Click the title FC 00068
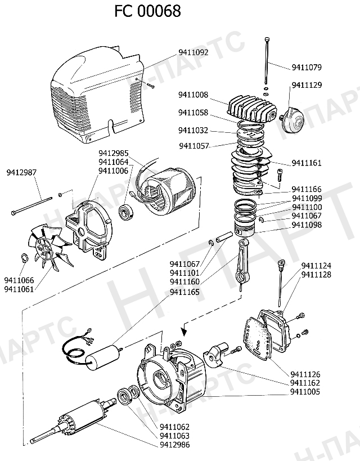pyautogui.click(x=148, y=11)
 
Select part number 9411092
pyautogui.click(x=193, y=53)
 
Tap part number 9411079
pyautogui.click(x=307, y=68)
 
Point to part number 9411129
pyautogui.click(x=307, y=85)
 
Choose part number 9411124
pyautogui.click(x=316, y=266)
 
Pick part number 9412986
pyautogui.click(x=175, y=445)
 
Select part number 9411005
pyautogui.click(x=305, y=391)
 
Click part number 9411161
pyautogui.click(x=307, y=163)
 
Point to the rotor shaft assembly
pyautogui.click(x=73, y=420)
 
